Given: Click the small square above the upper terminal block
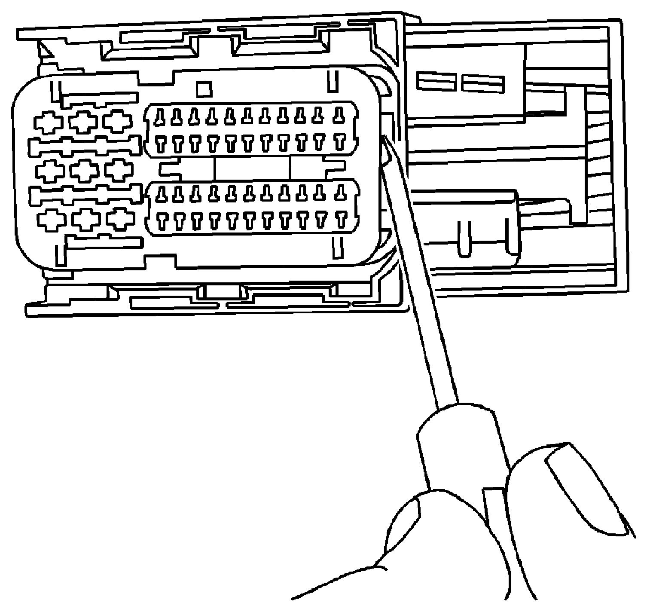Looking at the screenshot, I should coord(204,89).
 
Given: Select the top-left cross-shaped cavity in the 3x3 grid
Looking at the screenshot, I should coord(47,122).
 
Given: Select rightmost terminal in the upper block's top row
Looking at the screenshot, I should coord(339,114).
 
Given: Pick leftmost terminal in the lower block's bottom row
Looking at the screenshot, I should coord(162,221).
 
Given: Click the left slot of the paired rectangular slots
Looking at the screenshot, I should coord(436,81).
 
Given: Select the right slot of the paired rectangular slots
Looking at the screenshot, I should coord(482,83).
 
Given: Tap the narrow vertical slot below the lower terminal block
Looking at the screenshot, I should coord(338,248).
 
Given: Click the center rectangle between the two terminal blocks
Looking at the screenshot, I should coord(252,168).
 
